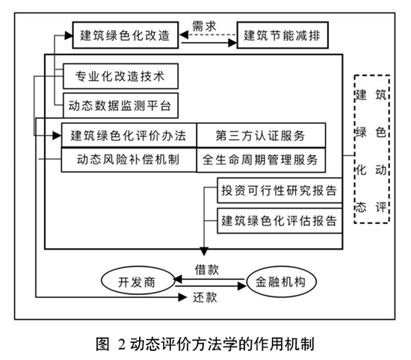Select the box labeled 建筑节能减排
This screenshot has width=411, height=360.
tap(283, 34)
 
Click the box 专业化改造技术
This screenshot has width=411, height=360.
tap(117, 75)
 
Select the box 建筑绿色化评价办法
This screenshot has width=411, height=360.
tap(128, 134)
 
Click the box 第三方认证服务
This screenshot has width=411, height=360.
tap(260, 134)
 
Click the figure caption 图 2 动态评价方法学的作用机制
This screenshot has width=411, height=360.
tap(205, 344)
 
